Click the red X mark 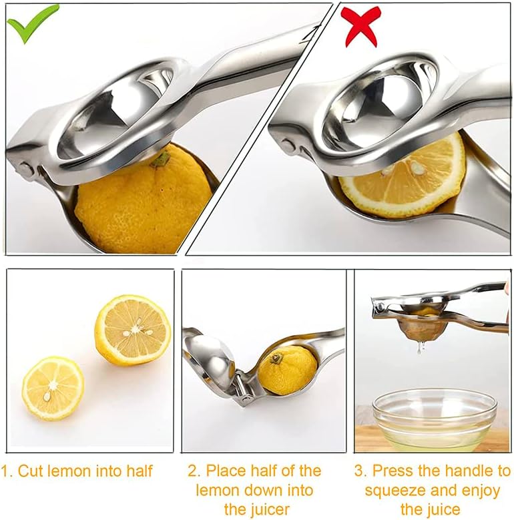pyautogui.click(x=360, y=25)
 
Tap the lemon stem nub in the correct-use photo pyautogui.click(x=160, y=158)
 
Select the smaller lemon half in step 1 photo pyautogui.click(x=53, y=388)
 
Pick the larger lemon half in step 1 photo pyautogui.click(x=132, y=330)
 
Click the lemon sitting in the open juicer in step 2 pyautogui.click(x=287, y=368)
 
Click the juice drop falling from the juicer pyautogui.click(x=419, y=347)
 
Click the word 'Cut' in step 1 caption pyautogui.click(x=31, y=471)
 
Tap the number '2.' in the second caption pyautogui.click(x=194, y=471)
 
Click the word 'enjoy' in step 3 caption pyautogui.click(x=480, y=491)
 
